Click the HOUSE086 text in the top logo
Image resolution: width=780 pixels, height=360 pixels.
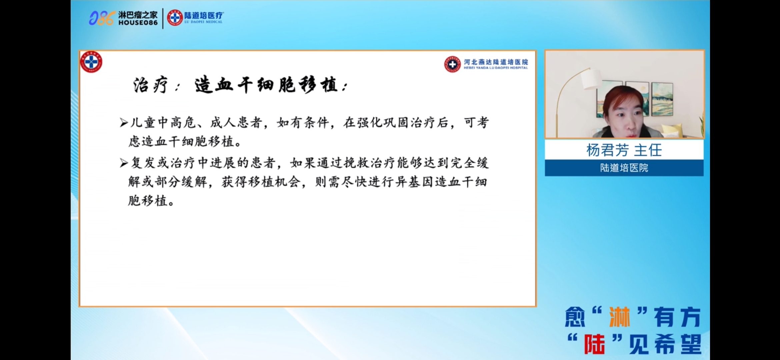138,23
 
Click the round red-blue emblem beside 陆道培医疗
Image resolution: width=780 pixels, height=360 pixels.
175,18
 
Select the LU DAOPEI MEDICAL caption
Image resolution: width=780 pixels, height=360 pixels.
203,22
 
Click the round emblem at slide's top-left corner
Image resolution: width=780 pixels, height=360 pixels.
91,62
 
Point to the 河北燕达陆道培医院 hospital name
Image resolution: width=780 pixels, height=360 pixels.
496,62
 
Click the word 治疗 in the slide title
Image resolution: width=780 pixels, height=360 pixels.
150,85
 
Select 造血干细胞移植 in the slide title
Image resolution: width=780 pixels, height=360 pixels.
266,85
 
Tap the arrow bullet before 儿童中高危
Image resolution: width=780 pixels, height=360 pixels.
124,123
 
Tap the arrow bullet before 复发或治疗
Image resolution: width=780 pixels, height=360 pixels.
124,163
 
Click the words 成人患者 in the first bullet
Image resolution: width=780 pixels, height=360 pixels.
236,123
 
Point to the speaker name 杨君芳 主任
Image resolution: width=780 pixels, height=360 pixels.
624,150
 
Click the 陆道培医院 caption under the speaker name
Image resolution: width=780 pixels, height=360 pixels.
624,168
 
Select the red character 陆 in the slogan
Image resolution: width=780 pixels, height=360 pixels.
594,344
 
